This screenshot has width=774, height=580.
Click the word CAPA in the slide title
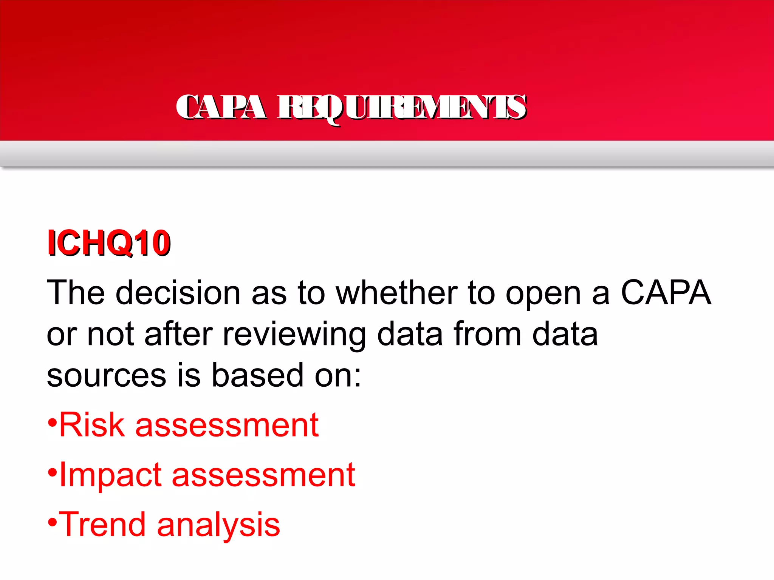[x=221, y=108]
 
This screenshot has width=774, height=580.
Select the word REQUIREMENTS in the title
[x=402, y=108]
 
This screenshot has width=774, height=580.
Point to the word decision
[x=178, y=293]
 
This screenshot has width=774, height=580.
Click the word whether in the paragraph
[x=397, y=293]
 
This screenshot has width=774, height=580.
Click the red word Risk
[x=92, y=425]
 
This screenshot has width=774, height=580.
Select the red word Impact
[x=110, y=476]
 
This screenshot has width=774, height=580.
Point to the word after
[x=178, y=335]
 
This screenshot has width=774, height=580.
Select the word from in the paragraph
[x=488, y=335]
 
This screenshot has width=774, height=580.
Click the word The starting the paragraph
[x=76, y=293]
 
